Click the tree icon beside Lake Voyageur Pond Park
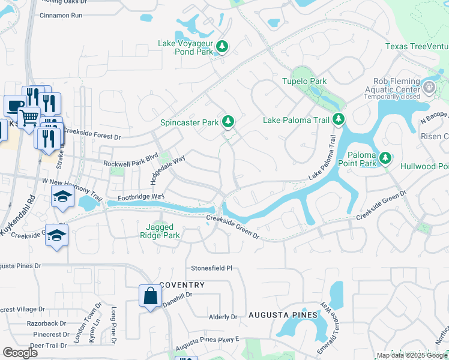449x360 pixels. (222, 47)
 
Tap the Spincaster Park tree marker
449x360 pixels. (228, 122)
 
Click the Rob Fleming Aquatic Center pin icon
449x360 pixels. (429, 88)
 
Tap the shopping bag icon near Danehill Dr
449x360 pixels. (149, 296)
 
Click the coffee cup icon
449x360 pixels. (14, 105)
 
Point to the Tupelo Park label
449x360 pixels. (304, 81)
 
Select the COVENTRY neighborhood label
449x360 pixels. (182, 285)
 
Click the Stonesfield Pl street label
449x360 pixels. (211, 268)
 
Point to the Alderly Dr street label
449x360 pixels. (223, 317)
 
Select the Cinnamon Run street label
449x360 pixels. (61, 15)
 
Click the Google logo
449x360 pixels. (20, 352)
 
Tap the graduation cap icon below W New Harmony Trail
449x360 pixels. (62, 197)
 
